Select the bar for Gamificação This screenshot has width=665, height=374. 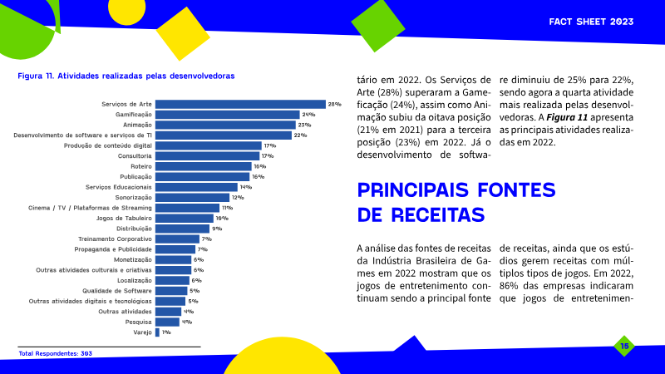tap(227, 115)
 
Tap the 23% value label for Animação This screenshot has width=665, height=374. tap(303, 125)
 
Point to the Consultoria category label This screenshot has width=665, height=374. tap(135, 155)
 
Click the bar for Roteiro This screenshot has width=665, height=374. tap(203, 166)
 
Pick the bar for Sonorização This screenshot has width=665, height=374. tap(192, 197)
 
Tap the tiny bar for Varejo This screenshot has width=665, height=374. tap(157, 332)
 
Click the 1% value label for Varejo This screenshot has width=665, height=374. tap(166, 332)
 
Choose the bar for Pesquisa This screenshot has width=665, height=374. tap(167, 322)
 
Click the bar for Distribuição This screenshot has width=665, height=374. tap(182, 229)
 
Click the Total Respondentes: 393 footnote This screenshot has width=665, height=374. tap(55, 353)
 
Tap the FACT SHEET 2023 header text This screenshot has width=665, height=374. tap(596, 20)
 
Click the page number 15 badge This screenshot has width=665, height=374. tap(623, 346)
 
